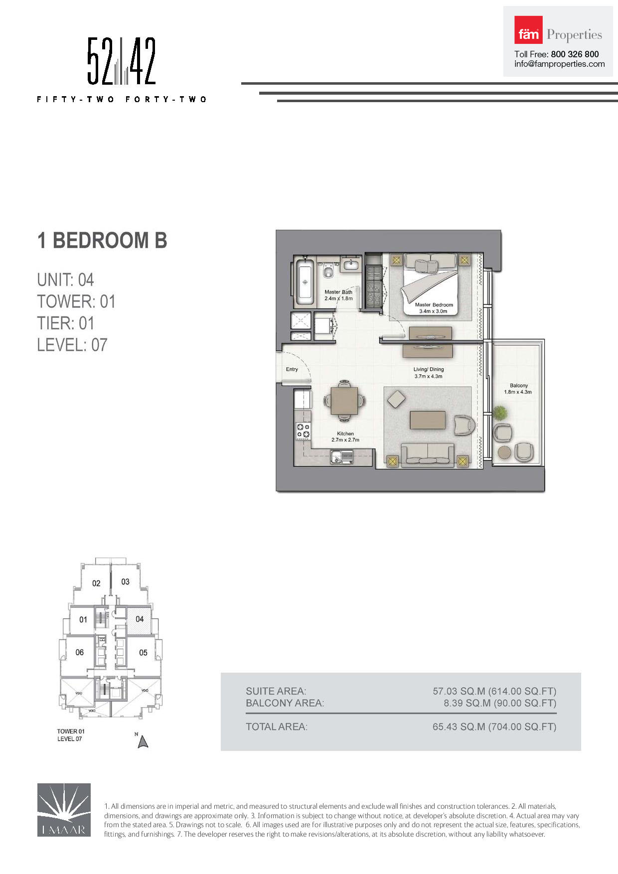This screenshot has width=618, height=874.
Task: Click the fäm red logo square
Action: tap(528, 30)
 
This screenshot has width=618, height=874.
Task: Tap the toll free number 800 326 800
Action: tap(575, 54)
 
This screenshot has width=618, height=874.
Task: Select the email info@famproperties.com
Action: tap(559, 64)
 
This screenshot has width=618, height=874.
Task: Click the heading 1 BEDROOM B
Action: tap(102, 240)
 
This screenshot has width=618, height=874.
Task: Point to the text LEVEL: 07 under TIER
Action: tap(72, 345)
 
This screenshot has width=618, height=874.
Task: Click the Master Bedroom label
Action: tap(434, 307)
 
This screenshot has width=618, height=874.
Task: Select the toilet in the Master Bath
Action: tap(328, 271)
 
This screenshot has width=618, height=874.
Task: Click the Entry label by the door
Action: tap(292, 369)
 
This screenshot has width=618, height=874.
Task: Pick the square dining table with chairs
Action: tap(344, 400)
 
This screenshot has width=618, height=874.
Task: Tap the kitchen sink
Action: tap(341, 456)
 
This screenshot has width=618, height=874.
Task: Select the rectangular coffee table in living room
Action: tap(427, 420)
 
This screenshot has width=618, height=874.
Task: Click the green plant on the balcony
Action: tap(500, 413)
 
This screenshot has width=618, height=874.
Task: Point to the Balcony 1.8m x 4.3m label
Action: tap(518, 389)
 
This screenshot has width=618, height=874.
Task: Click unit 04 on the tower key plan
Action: tap(140, 619)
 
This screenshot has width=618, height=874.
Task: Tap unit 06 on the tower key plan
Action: tap(80, 652)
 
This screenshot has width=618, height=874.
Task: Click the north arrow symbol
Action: tap(143, 742)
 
